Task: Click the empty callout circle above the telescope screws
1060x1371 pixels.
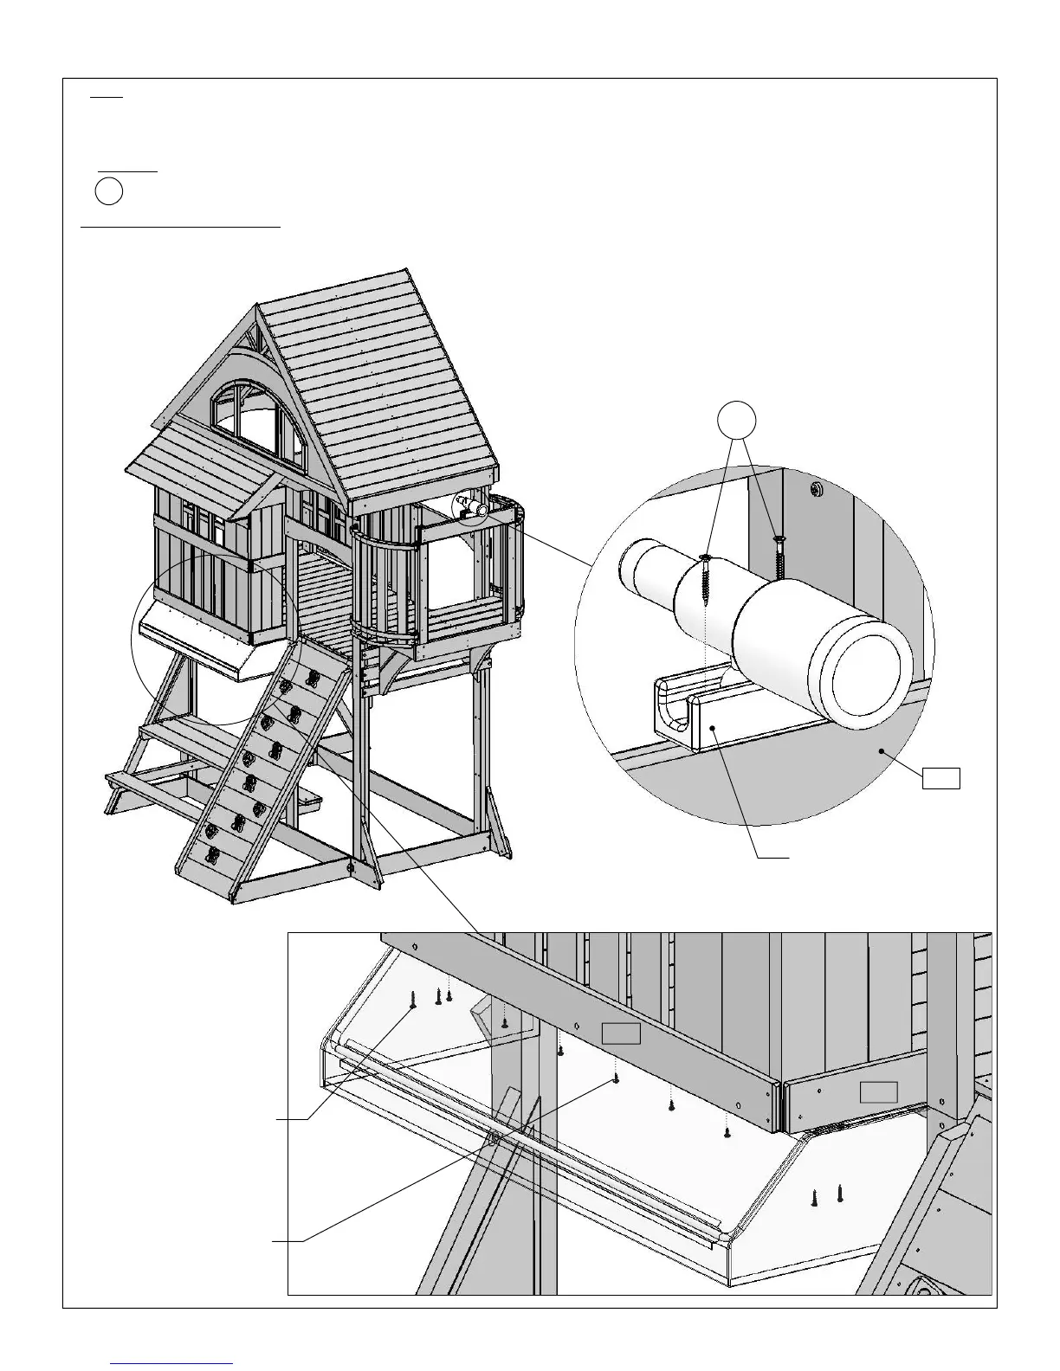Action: (x=738, y=420)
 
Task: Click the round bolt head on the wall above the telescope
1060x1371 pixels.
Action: (x=817, y=490)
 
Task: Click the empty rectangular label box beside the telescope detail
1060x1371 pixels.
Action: (x=940, y=778)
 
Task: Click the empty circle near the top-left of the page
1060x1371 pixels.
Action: (x=108, y=192)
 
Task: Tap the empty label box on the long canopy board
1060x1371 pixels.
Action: (x=621, y=1033)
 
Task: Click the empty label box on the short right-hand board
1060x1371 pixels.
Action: (x=878, y=1091)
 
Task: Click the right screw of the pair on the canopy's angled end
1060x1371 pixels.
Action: (x=839, y=1194)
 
